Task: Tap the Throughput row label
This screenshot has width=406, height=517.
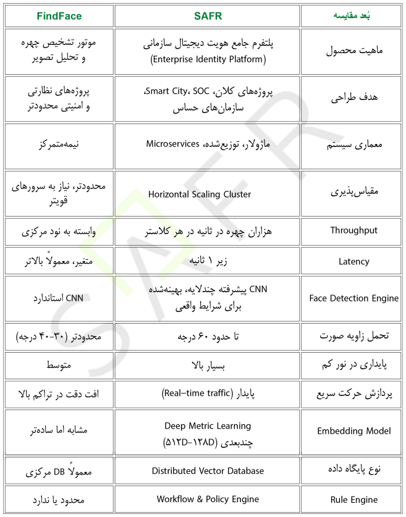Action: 353,230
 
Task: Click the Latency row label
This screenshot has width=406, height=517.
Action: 353,261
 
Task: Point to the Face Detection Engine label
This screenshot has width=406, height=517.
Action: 353,298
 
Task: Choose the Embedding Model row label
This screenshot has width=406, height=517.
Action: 353,432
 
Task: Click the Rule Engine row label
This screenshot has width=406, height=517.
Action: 353,500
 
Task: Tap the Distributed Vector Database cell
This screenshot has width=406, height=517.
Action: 208,471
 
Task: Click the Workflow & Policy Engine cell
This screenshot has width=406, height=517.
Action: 208,499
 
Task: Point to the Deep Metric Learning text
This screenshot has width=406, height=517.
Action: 208,426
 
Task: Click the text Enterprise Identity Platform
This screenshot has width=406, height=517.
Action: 208,60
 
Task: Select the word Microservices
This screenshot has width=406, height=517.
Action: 172,144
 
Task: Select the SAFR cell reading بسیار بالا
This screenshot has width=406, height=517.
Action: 208,364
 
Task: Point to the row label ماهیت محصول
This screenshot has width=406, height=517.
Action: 353,52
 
